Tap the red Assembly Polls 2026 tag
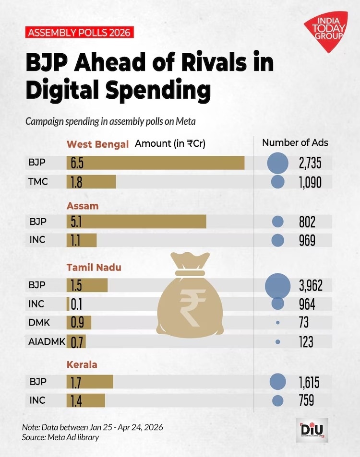[79, 33]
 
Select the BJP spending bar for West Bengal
[156, 163]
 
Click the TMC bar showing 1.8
[91, 182]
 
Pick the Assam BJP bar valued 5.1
[136, 222]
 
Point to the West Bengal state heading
[98, 144]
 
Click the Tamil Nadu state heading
[94, 268]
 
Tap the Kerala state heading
[82, 364]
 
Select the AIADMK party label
[45, 341]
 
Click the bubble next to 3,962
[278, 285]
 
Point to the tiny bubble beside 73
[278, 323]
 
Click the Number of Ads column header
[295, 142]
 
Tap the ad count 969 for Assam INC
[307, 240]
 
